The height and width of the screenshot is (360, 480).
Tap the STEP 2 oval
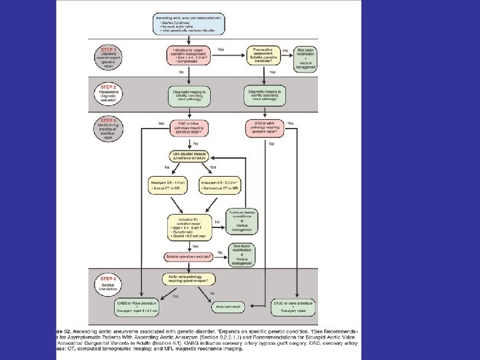(x=108, y=92)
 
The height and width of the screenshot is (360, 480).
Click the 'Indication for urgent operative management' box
(x=193, y=55)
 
